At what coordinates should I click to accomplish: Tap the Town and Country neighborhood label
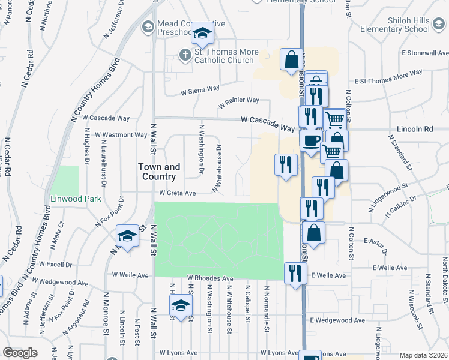tap(158, 172)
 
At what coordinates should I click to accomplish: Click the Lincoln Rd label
tap(415, 129)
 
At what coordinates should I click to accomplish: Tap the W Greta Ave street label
tap(178, 193)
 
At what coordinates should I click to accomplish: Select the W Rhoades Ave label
tap(209, 279)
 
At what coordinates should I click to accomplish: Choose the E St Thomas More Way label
tap(389, 79)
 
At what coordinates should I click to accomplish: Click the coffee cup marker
tap(310, 142)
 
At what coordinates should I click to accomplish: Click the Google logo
tap(20, 353)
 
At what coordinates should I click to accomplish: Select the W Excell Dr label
tap(56, 264)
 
